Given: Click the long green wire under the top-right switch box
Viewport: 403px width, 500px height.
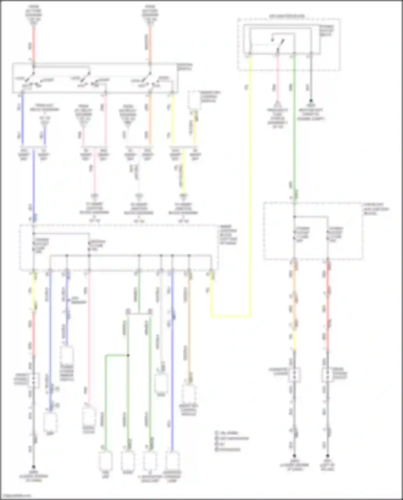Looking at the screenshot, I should pos(294,121).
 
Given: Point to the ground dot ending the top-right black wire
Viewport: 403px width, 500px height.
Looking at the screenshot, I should pos(311,101).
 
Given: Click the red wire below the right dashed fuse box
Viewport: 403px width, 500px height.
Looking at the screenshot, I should pos(328,306).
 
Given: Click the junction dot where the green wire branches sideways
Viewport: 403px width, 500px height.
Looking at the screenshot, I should pos(128,355).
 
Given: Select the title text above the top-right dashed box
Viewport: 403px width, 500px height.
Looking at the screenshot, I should pos(287,16).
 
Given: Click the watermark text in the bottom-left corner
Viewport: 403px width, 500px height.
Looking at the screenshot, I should pos(16,496).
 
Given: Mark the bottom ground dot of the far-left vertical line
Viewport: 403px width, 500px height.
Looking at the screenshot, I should pos(34,467).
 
